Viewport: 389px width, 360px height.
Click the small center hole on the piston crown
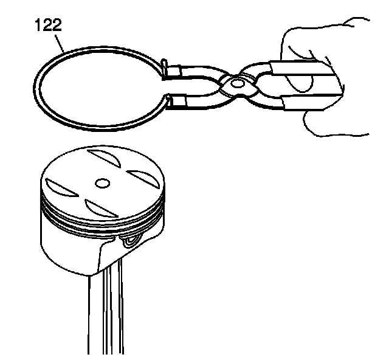click(103, 181)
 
